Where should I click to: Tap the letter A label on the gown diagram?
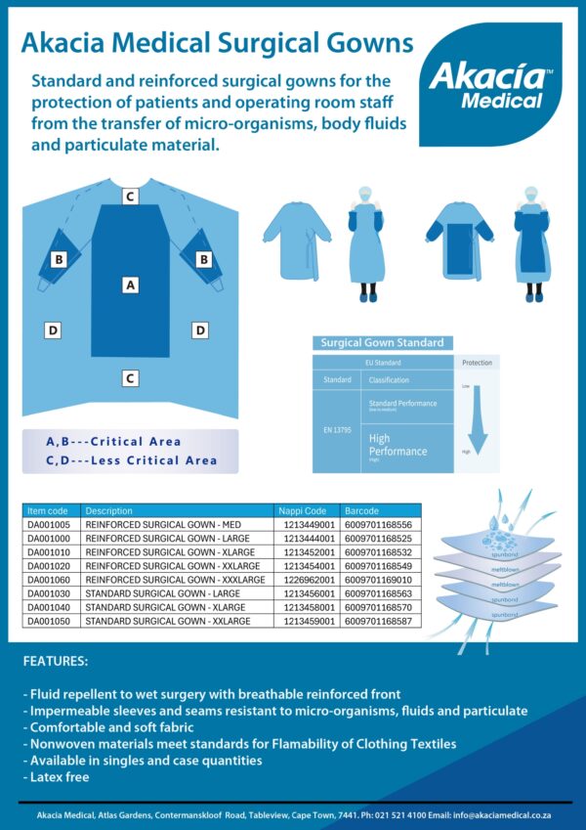point(130,284)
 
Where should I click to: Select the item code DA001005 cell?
point(48,525)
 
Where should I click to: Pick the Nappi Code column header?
point(303,510)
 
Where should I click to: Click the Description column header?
point(108,510)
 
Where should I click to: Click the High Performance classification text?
point(398,446)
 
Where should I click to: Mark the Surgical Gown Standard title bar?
point(382,343)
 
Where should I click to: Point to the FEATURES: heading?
point(55,662)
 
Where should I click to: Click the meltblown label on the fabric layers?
point(504,569)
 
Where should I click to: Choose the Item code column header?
point(48,510)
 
